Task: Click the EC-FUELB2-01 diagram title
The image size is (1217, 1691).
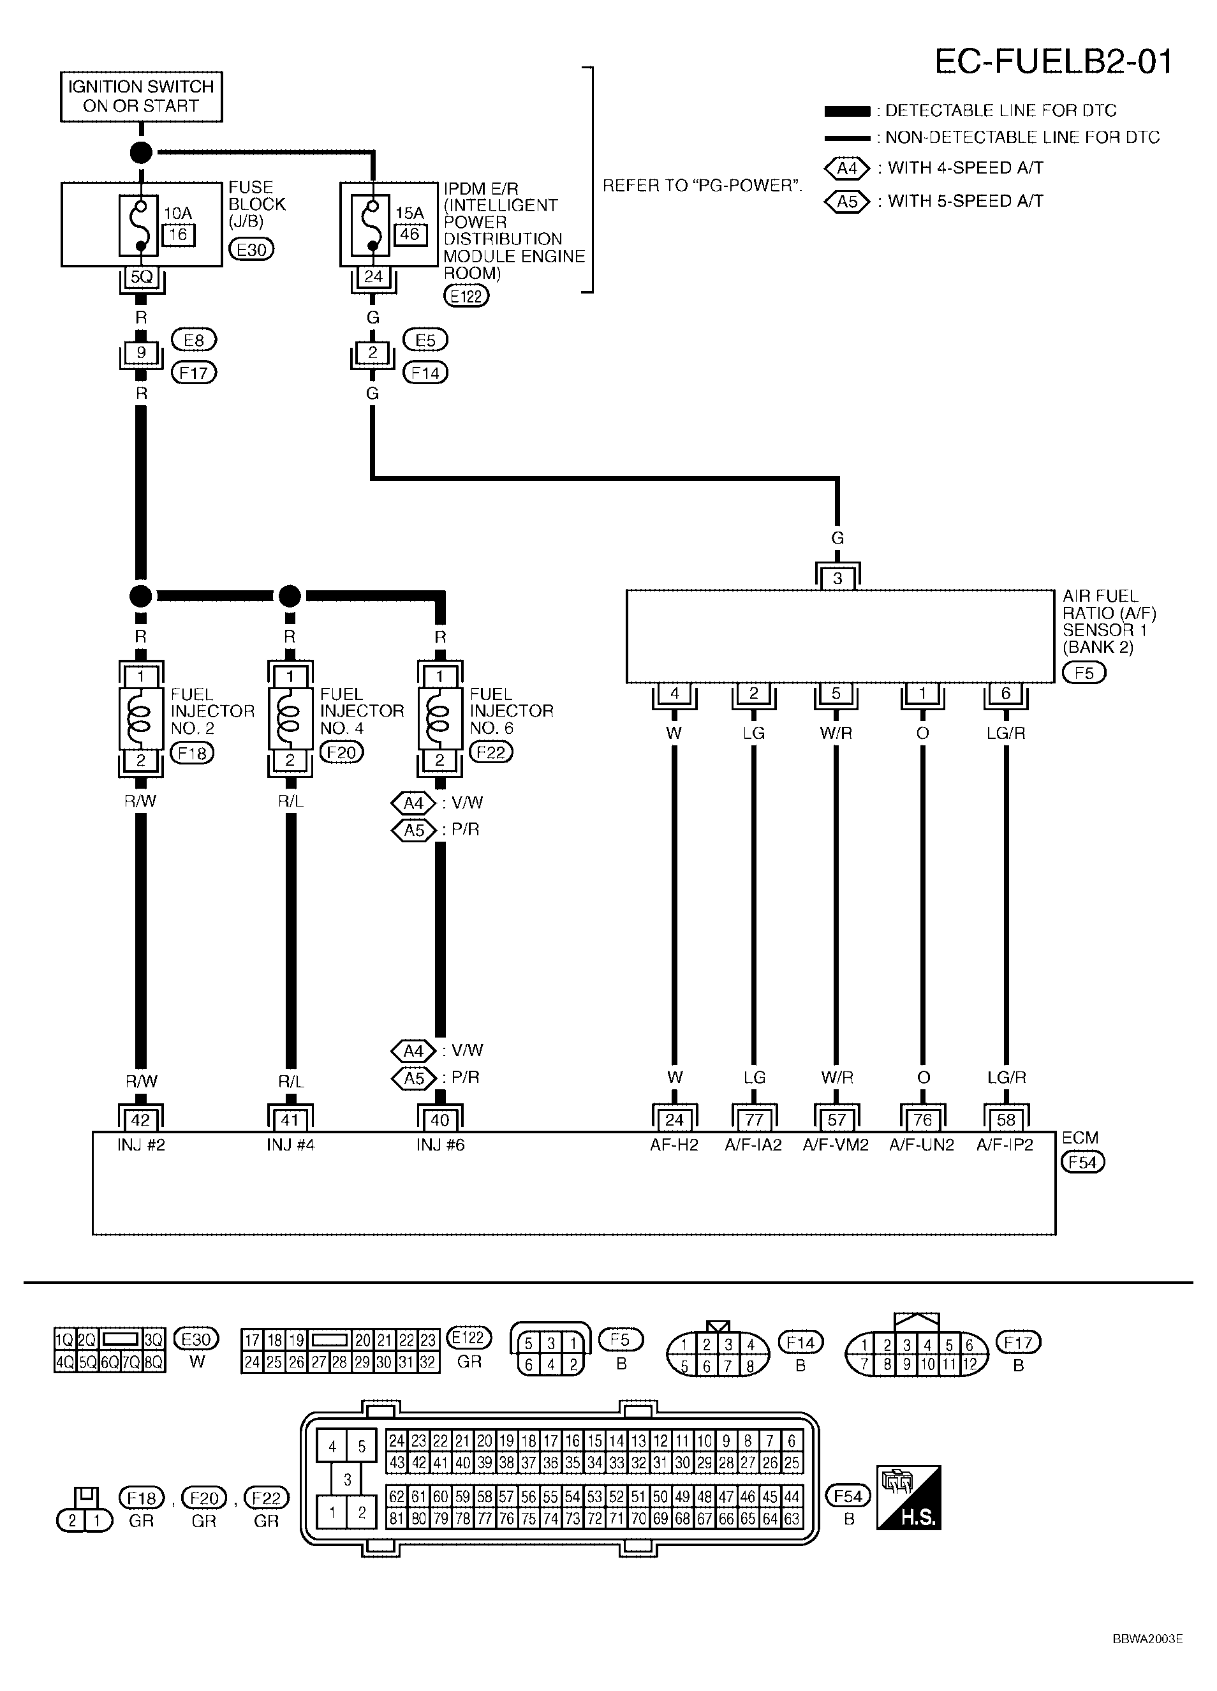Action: click(1053, 61)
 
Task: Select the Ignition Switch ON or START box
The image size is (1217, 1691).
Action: click(141, 96)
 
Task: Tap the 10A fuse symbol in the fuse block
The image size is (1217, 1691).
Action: click(138, 225)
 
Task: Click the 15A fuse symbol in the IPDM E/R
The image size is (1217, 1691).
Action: click(371, 225)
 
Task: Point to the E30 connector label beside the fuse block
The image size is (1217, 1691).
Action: click(251, 249)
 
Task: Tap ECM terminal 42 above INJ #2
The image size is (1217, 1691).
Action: click(141, 1119)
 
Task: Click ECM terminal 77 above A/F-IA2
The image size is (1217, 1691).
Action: click(753, 1119)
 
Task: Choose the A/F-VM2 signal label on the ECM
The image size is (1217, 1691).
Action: click(836, 1145)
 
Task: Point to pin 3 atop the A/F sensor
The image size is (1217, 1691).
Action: click(837, 578)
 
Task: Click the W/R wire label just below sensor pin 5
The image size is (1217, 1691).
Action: click(836, 733)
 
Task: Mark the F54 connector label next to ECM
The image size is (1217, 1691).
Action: click(1083, 1161)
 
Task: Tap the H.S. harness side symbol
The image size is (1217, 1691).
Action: click(908, 1498)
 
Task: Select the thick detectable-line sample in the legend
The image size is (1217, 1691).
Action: click(847, 112)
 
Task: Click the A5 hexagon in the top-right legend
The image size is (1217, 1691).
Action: click(847, 201)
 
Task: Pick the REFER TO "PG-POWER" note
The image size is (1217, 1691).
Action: click(701, 186)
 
